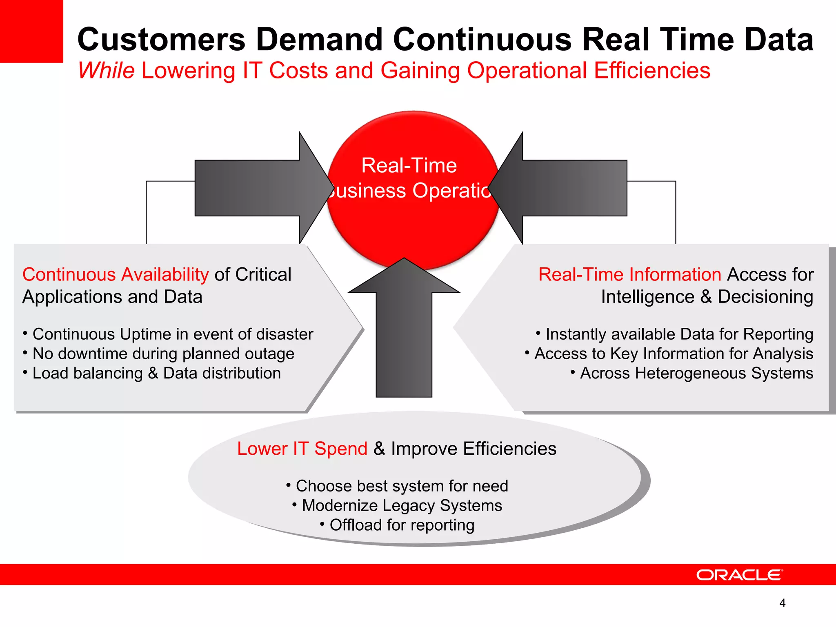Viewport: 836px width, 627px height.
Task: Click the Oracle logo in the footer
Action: click(x=739, y=575)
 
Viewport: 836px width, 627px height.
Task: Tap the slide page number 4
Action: click(x=782, y=603)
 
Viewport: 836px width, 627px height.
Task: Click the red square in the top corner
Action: click(x=31, y=31)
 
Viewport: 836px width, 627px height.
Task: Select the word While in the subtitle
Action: click(x=106, y=71)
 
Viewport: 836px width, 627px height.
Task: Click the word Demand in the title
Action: click(x=319, y=40)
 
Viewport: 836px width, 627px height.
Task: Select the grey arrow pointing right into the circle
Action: click(x=261, y=188)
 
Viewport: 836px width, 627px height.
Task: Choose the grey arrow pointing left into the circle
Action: click(x=563, y=188)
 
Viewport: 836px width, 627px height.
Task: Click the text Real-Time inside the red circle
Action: click(x=409, y=166)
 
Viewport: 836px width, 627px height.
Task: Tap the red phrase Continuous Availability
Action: click(x=116, y=274)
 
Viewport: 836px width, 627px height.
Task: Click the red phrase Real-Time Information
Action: click(x=630, y=274)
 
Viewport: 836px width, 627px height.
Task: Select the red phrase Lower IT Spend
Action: click(x=302, y=449)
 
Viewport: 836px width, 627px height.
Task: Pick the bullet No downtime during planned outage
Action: click(x=163, y=354)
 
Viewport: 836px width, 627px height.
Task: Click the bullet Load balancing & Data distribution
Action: click(x=156, y=373)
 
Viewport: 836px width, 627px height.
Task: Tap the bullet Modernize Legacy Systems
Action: click(x=402, y=505)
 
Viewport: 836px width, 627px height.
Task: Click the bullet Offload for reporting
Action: click(x=402, y=525)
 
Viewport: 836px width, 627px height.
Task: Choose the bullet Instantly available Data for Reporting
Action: click(x=679, y=334)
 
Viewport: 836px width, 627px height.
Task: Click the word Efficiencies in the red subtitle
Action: click(x=652, y=71)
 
